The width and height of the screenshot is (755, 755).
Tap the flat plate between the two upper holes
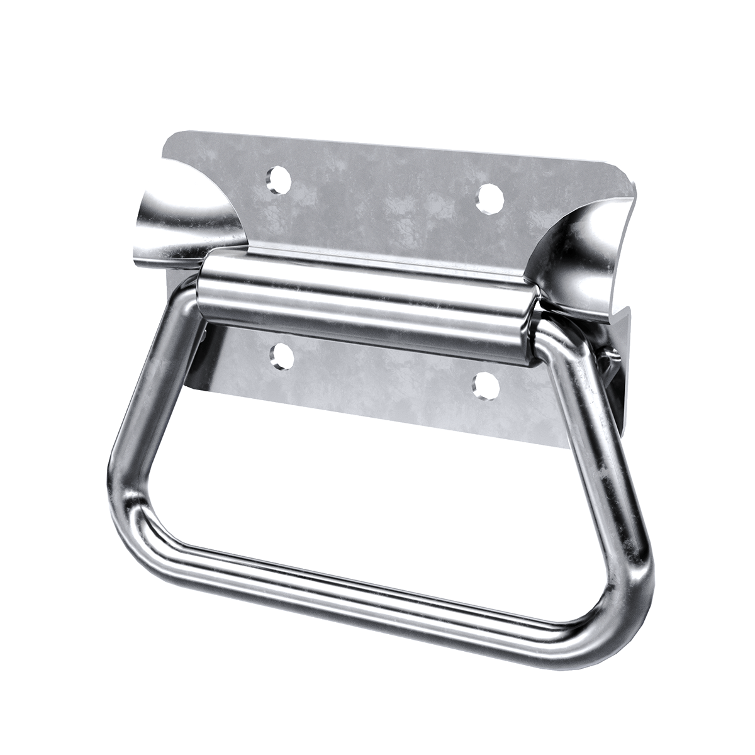point(384,189)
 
